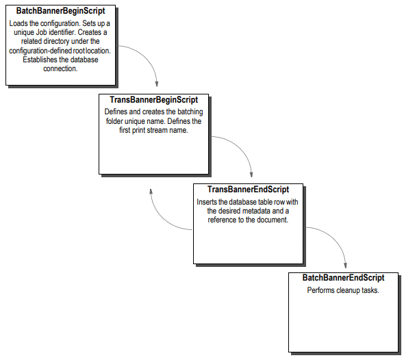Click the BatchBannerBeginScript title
[60, 12]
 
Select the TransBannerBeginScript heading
[153, 100]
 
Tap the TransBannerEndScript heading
[248, 190]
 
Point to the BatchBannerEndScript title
[343, 278]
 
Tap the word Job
[64, 33]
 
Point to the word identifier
[87, 33]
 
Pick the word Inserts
[208, 202]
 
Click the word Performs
[321, 290]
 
